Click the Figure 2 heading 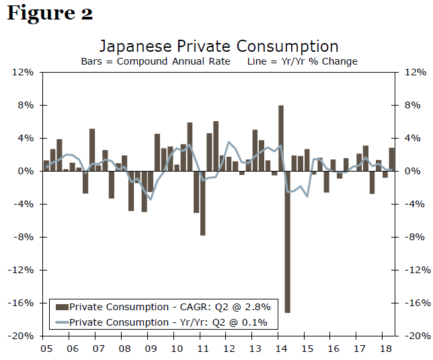50,13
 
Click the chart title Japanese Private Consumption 219,46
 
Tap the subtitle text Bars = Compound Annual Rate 155,61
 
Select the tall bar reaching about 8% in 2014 281,138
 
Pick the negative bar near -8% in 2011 202,203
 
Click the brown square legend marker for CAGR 62,308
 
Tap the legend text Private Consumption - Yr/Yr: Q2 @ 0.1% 168,322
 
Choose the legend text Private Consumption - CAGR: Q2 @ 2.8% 168,308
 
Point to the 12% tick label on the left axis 24,72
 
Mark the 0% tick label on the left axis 27,171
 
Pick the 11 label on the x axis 202,349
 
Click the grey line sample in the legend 62,322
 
